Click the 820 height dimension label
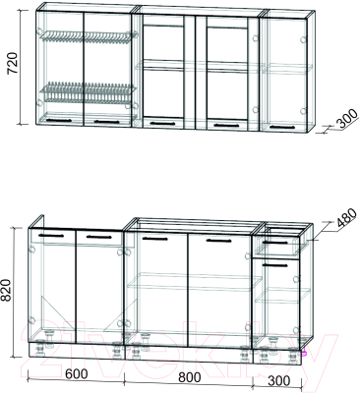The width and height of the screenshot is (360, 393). point(8,291)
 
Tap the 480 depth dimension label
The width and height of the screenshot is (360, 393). point(345,217)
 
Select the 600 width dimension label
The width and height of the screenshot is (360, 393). point(76,374)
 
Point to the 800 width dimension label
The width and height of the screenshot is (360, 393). point(189,377)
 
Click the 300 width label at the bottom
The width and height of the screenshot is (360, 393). point(279,380)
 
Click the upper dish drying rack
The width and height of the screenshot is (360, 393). point(88,36)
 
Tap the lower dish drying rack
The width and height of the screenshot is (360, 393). point(87,91)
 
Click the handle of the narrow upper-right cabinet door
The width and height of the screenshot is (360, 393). point(283,127)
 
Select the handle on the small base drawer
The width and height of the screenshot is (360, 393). point(274,243)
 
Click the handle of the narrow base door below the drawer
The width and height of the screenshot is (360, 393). point(274,265)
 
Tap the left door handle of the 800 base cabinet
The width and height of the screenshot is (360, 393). point(154,239)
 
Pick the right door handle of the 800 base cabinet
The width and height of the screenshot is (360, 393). point(219,241)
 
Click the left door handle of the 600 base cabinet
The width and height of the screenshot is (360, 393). point(51,236)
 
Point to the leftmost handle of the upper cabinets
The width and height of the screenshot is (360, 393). point(59,121)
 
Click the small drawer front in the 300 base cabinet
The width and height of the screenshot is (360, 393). point(276,245)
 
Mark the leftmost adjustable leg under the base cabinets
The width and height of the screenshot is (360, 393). point(41,351)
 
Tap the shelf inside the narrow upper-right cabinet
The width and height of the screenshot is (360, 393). point(287,69)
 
